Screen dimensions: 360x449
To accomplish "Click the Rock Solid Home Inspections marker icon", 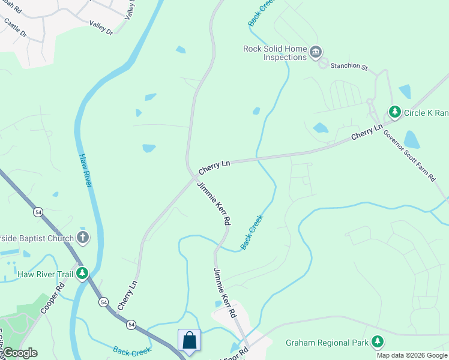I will (x=316, y=53).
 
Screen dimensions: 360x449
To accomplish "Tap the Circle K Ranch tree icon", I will (x=394, y=112).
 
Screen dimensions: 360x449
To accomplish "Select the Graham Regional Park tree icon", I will (x=378, y=342).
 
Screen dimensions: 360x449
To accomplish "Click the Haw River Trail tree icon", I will (x=82, y=274).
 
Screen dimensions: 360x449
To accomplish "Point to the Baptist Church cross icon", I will (x=82, y=238).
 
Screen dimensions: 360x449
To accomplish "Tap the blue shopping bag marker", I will (x=189, y=340).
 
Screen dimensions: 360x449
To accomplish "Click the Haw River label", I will (x=85, y=170).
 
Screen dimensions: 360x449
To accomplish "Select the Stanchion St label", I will (x=349, y=67).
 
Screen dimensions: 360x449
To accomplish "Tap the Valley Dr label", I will (x=101, y=28).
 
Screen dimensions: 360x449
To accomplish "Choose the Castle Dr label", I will (x=16, y=27).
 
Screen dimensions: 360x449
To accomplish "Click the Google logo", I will (x=19, y=353).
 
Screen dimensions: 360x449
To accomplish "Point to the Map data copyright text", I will (x=412, y=355).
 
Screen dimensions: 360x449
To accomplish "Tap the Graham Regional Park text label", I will (x=326, y=343).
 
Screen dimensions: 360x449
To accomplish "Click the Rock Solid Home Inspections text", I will (x=276, y=53).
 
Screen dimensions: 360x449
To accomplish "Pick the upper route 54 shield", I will (x=38, y=212).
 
